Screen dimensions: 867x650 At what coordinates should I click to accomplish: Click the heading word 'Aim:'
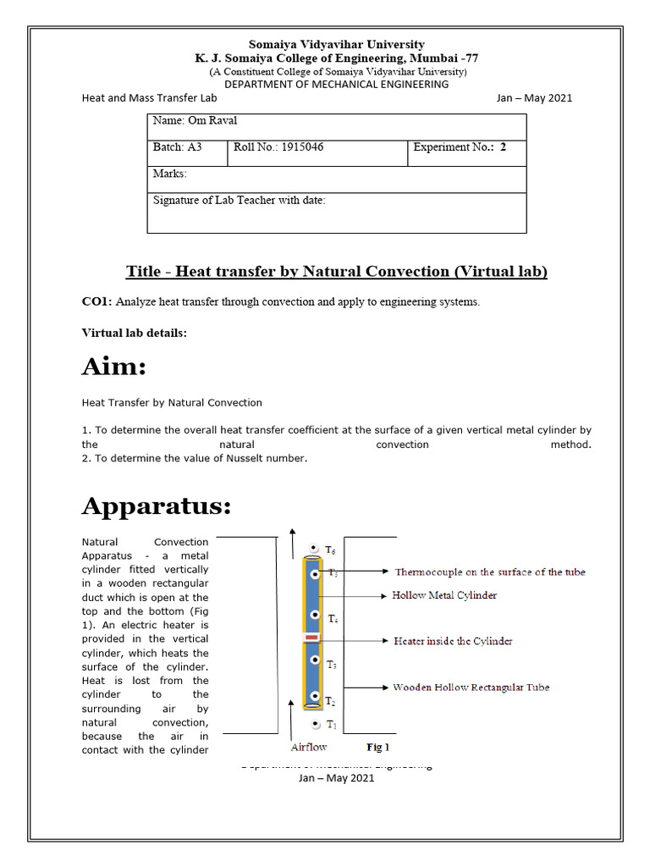pyautogui.click(x=114, y=367)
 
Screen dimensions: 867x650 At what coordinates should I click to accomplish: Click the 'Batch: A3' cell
pyautogui.click(x=177, y=147)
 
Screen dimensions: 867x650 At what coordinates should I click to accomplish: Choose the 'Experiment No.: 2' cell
pyautogui.click(x=460, y=147)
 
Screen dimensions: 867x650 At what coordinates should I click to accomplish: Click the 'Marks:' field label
pyautogui.click(x=169, y=174)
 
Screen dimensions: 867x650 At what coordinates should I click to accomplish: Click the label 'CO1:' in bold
pyautogui.click(x=96, y=302)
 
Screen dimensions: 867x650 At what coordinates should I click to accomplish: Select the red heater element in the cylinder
pyautogui.click(x=312, y=637)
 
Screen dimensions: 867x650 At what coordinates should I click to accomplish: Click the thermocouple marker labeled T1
pyautogui.click(x=315, y=724)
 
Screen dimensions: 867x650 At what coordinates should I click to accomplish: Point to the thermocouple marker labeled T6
pyautogui.click(x=315, y=549)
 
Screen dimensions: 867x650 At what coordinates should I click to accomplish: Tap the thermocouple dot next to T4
pyautogui.click(x=315, y=615)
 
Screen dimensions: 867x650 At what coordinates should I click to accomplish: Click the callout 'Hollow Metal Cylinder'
pyautogui.click(x=444, y=596)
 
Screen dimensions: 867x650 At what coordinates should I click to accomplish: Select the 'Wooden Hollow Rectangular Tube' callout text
pyautogui.click(x=476, y=688)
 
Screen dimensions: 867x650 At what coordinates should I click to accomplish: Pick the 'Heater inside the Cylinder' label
pyautogui.click(x=453, y=641)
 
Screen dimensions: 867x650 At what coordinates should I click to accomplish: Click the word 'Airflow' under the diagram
pyautogui.click(x=309, y=748)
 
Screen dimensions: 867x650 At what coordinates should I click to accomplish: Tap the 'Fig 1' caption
pyautogui.click(x=377, y=748)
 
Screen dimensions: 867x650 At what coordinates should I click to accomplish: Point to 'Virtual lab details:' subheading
pyautogui.click(x=134, y=333)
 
